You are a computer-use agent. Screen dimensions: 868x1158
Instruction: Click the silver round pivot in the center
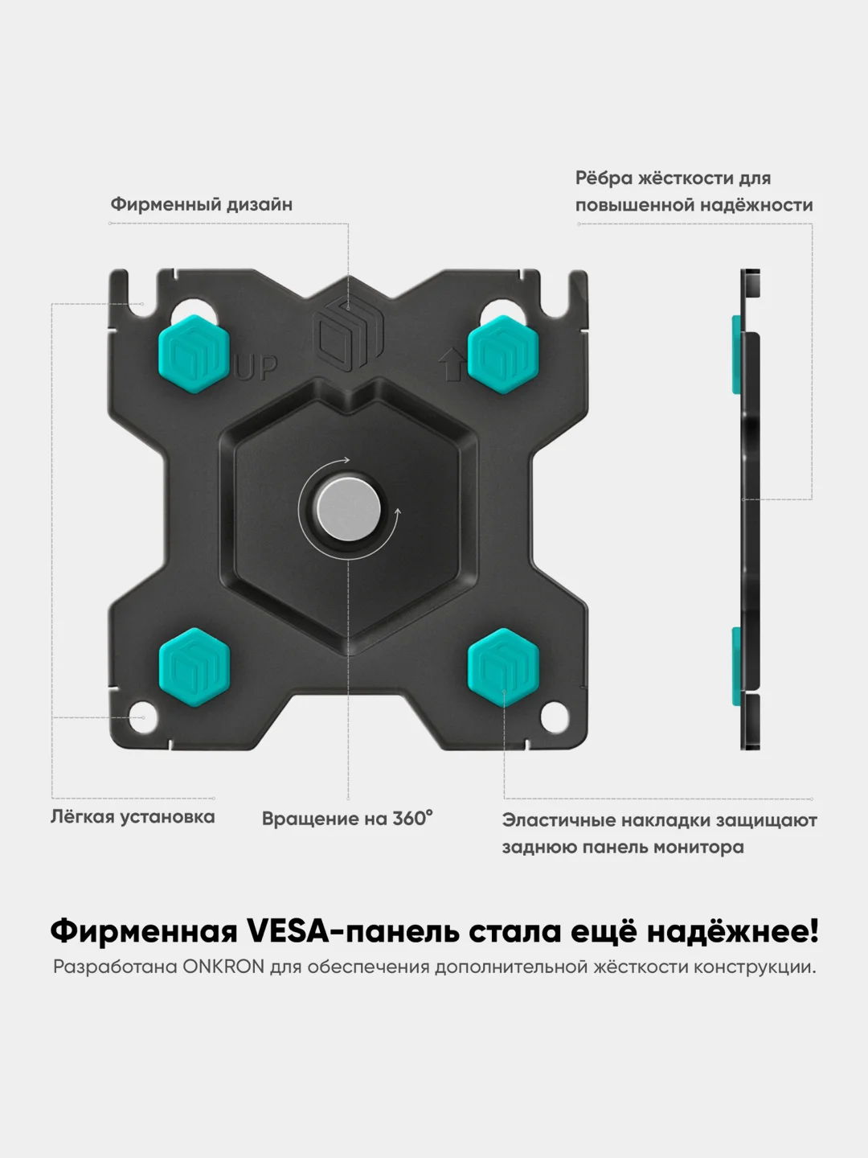348,509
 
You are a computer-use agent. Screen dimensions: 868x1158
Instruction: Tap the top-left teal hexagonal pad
194,354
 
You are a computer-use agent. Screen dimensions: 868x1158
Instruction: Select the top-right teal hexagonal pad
503,355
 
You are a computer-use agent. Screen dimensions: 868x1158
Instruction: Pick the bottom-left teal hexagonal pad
194,667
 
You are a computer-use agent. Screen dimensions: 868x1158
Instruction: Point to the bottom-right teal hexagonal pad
503,667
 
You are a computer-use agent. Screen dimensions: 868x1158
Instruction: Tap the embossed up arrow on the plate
452,364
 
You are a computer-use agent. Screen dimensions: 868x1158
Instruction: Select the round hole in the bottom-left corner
143,717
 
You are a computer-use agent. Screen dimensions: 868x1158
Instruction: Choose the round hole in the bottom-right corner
555,718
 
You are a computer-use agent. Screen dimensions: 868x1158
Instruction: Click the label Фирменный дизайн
201,205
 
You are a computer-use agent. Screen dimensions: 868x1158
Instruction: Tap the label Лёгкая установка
133,817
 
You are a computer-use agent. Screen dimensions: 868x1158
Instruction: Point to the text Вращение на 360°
347,819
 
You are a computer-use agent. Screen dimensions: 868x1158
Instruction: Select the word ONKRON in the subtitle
223,967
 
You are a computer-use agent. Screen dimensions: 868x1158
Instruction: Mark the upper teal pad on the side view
736,355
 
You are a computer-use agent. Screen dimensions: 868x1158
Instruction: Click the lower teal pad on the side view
736,667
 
